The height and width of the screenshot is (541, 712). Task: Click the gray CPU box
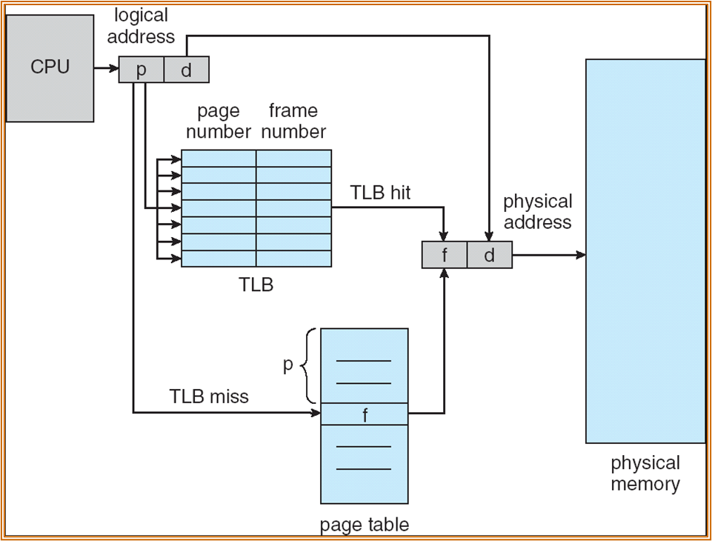50,67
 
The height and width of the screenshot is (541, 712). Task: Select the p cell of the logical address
141,70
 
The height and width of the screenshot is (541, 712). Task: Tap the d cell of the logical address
186,70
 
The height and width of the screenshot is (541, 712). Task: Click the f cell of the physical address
445,255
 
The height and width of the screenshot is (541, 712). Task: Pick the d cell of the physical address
489,255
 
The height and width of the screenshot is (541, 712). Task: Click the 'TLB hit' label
380,193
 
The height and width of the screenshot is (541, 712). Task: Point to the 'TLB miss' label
209,396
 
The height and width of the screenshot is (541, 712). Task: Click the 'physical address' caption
537,212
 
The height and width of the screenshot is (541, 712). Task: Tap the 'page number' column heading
219,122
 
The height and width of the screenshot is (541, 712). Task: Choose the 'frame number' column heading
293,122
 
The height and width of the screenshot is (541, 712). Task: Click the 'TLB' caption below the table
256,284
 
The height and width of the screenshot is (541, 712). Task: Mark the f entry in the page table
365,414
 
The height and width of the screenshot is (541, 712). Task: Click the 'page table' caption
365,525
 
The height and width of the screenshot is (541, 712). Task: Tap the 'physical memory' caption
645,474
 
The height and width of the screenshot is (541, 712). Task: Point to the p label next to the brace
288,366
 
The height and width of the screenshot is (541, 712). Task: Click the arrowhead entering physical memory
580,255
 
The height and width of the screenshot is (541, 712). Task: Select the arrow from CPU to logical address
106,70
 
